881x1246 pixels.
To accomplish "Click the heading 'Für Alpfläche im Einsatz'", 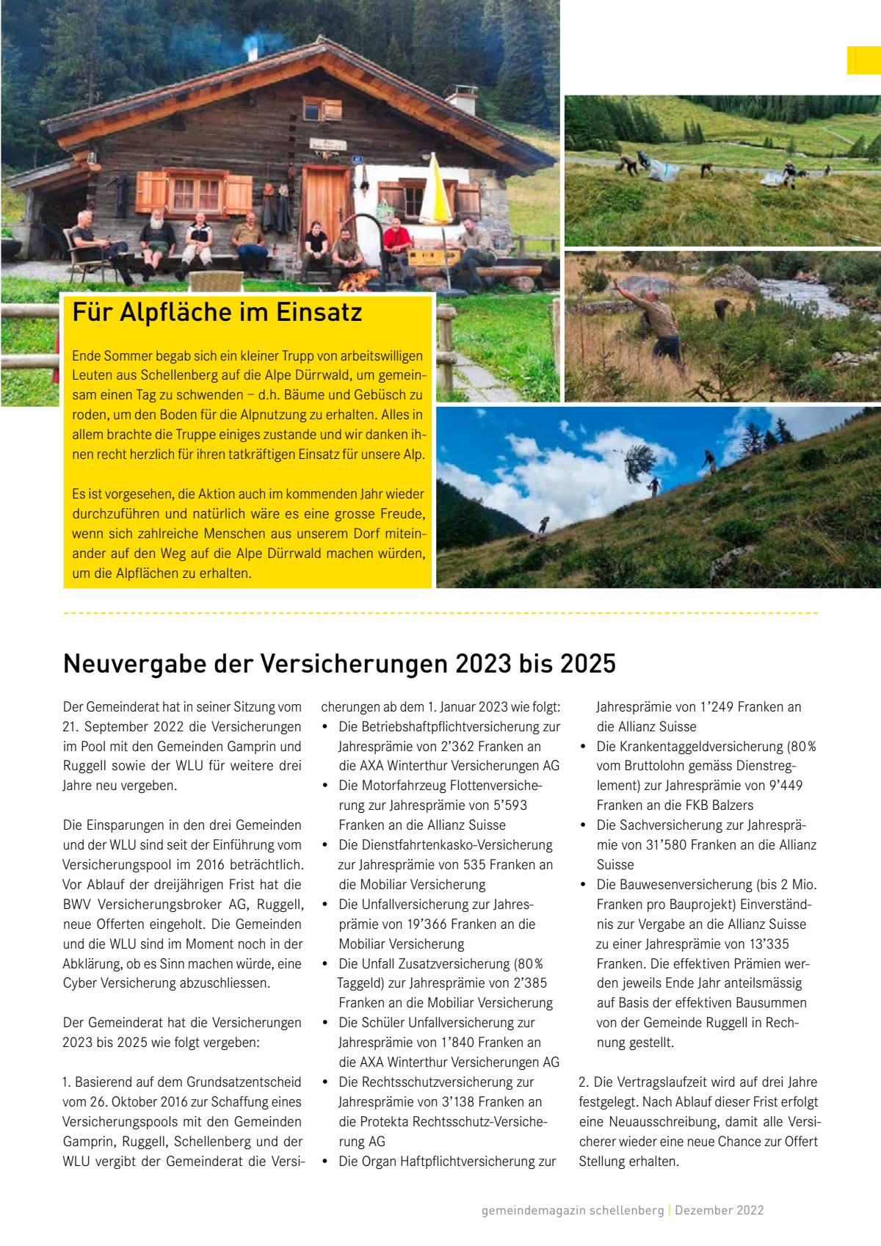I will tap(217, 313).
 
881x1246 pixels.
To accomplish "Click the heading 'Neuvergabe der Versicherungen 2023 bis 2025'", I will tap(339, 664).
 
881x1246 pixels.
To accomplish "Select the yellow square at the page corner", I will tap(863, 60).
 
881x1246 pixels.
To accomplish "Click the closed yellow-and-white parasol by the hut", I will tap(435, 191).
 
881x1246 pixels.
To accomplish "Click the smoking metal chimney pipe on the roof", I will tap(252, 51).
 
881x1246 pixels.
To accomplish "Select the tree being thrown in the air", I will tap(637, 463).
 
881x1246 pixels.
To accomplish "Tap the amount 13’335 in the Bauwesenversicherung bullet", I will tap(765, 944).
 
